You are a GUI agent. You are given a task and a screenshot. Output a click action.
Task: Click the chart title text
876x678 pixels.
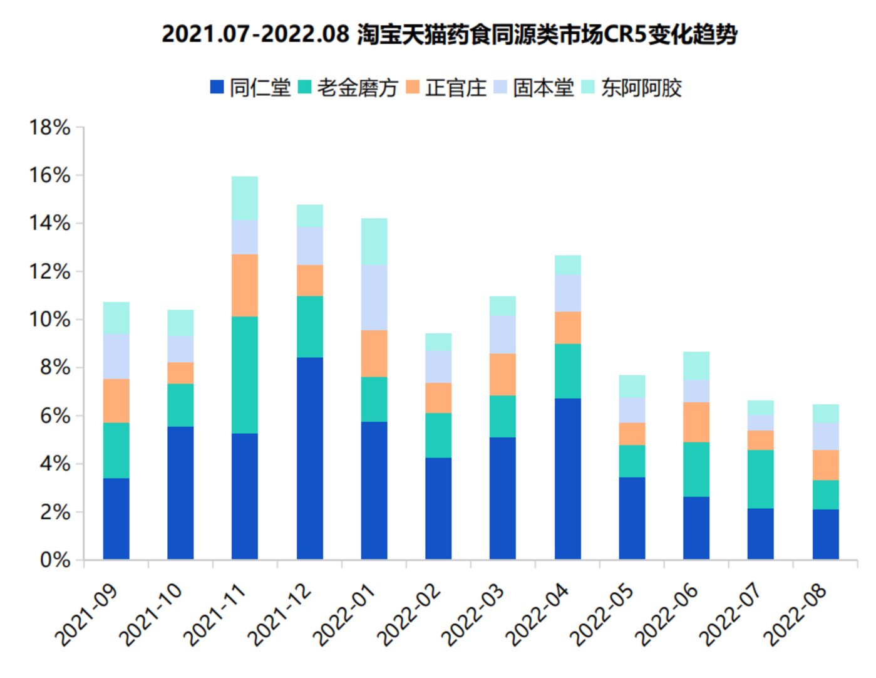(449, 33)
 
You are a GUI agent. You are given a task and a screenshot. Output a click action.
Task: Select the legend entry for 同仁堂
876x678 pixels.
(250, 87)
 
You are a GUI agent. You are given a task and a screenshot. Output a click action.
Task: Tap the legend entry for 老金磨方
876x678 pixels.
(348, 87)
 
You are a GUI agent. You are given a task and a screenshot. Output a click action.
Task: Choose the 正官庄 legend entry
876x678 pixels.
(446, 87)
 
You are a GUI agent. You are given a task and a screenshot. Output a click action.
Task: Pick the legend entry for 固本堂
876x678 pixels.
(534, 87)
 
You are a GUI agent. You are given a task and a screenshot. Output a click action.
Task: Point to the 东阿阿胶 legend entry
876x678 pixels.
(632, 87)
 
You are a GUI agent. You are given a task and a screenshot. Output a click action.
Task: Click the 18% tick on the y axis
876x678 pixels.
(50, 128)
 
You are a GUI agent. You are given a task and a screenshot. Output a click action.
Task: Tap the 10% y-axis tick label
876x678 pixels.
(50, 320)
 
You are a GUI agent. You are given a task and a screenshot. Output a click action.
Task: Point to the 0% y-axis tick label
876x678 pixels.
(55, 560)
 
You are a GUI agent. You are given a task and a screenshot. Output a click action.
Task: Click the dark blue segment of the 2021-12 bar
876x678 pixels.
(310, 458)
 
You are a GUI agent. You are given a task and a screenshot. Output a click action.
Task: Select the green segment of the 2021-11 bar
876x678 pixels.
(245, 375)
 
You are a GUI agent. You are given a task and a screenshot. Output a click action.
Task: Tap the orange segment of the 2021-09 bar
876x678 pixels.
(116, 400)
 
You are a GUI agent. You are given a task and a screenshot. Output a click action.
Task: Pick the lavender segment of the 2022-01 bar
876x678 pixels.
(374, 297)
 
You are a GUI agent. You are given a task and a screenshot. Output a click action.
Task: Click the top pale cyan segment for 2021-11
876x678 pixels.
(245, 198)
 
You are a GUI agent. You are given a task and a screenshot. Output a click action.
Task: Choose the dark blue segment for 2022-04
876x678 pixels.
(568, 479)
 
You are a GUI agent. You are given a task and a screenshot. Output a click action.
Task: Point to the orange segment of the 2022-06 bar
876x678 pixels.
(696, 422)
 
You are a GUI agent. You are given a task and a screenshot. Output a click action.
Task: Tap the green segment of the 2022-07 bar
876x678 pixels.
(761, 479)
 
